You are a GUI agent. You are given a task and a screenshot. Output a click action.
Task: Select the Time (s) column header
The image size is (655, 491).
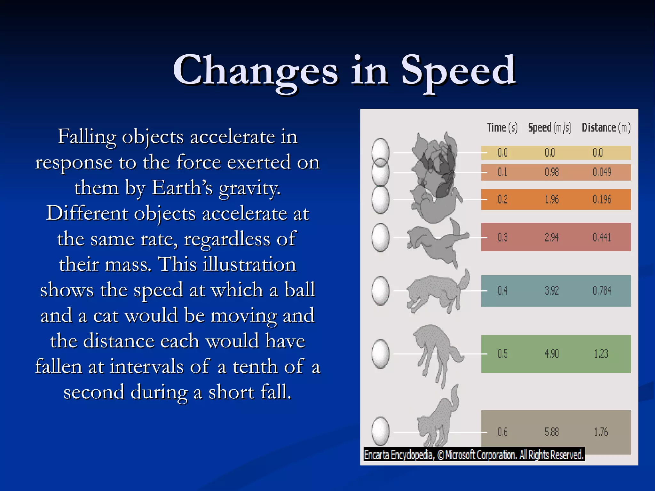[x=502, y=128]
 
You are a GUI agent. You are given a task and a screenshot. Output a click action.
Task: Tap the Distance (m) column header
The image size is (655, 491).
[x=606, y=128]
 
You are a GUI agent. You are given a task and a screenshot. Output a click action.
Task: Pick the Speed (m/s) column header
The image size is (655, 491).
[x=549, y=128]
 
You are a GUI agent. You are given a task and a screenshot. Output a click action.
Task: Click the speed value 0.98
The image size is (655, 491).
[x=552, y=172]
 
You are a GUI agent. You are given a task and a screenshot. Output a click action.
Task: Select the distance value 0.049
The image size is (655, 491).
[x=602, y=172]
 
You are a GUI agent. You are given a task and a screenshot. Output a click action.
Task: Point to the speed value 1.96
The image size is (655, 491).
[x=552, y=199]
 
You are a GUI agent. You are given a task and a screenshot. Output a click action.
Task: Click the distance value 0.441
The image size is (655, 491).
[x=602, y=237]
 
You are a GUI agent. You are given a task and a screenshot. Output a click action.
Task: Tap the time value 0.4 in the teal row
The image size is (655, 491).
[x=502, y=291]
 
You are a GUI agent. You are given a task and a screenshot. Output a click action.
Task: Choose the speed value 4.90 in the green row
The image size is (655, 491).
[x=552, y=354]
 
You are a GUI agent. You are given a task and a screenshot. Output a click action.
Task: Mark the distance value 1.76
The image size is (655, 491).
[x=601, y=432]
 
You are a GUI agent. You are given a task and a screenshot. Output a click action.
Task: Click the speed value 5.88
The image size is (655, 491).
[x=552, y=432]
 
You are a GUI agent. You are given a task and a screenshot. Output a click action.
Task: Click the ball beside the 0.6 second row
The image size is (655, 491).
[x=381, y=431]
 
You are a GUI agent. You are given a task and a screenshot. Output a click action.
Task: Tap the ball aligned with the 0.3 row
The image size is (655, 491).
[x=381, y=238]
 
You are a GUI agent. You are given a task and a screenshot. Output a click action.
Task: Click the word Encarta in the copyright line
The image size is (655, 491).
[x=376, y=455]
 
